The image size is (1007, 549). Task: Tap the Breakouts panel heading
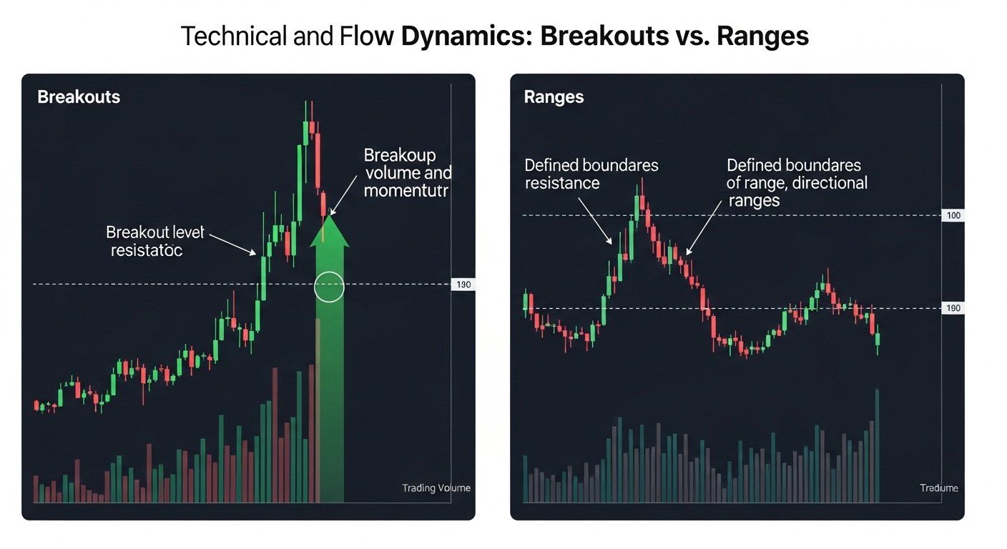tap(79, 97)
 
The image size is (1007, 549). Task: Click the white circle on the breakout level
tap(329, 287)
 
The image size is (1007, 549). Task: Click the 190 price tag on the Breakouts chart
tap(463, 285)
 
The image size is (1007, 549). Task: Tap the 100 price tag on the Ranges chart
tap(953, 216)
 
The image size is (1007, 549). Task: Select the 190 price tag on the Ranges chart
tap(953, 309)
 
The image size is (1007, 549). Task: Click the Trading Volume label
tap(436, 488)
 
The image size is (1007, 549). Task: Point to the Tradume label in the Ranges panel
tap(938, 488)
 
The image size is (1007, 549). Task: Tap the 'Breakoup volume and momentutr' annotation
tap(407, 173)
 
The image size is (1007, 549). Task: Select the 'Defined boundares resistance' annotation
tap(591, 174)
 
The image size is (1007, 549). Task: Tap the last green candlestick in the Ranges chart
tap(878, 340)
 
